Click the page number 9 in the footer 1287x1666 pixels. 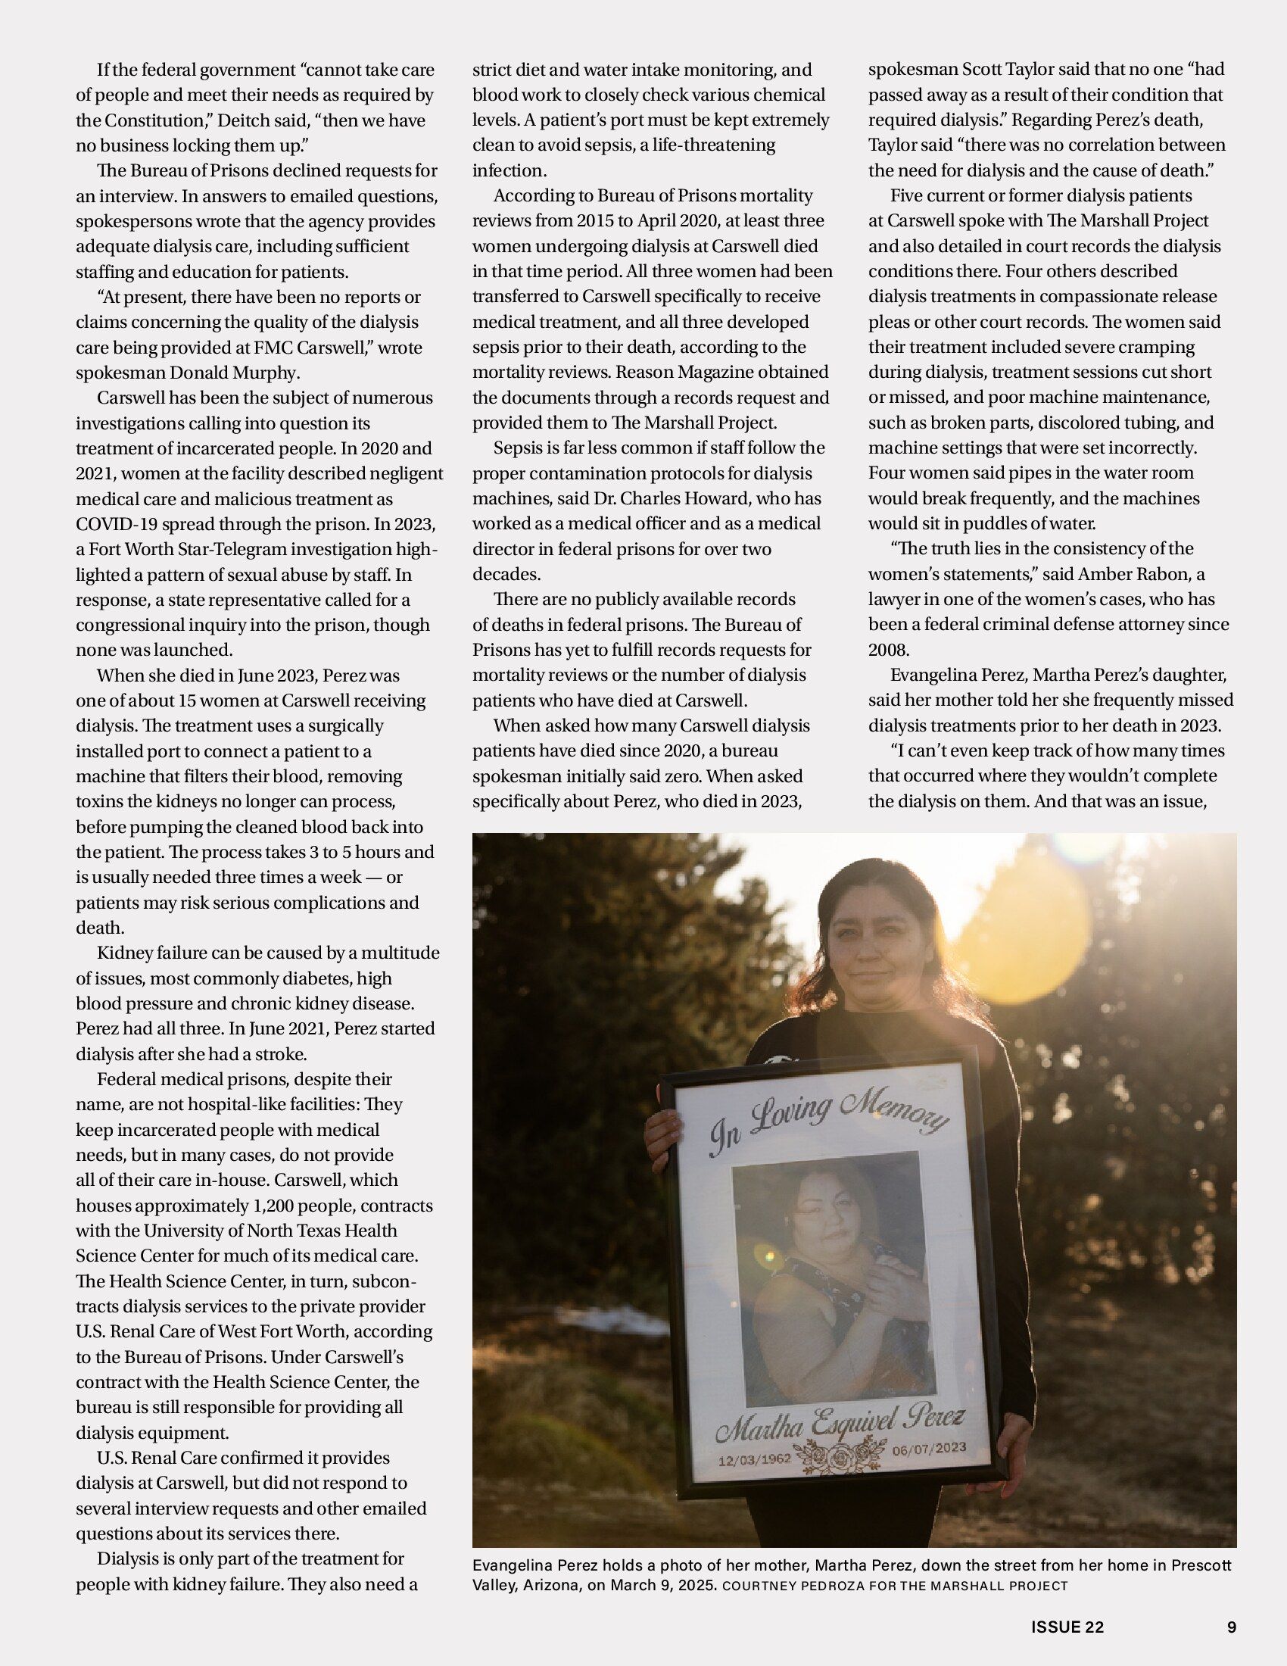point(1231,1627)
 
